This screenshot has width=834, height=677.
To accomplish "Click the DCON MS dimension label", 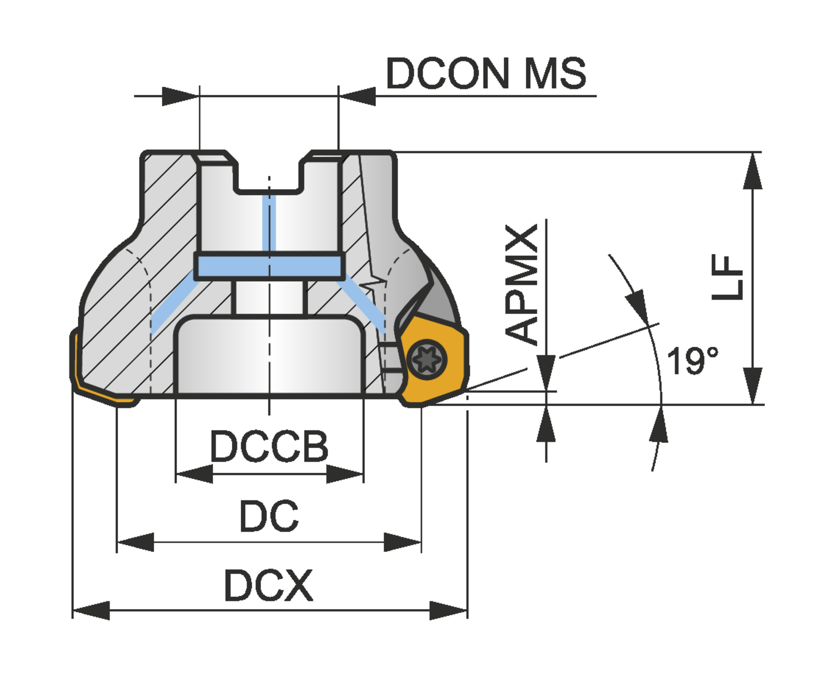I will (486, 73).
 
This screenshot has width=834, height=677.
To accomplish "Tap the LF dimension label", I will (728, 277).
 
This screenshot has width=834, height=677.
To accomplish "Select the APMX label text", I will (522, 283).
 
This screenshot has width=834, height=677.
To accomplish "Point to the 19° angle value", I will (692, 361).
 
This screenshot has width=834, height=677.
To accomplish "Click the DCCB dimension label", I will (269, 446).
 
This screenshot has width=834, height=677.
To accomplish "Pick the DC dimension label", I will (269, 516).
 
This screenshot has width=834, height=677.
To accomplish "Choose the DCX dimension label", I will (269, 585).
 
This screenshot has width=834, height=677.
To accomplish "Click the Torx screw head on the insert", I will (428, 361).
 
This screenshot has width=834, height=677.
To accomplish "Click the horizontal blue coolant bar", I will (269, 266).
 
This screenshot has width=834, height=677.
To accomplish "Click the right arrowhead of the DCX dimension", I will (449, 610).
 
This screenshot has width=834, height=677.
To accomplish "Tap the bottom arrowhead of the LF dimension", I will (753, 386).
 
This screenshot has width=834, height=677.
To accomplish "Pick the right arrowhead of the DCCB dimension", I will (345, 474).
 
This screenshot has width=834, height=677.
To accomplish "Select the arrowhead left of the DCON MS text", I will (357, 96).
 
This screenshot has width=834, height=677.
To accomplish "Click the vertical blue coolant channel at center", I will (269, 222).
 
